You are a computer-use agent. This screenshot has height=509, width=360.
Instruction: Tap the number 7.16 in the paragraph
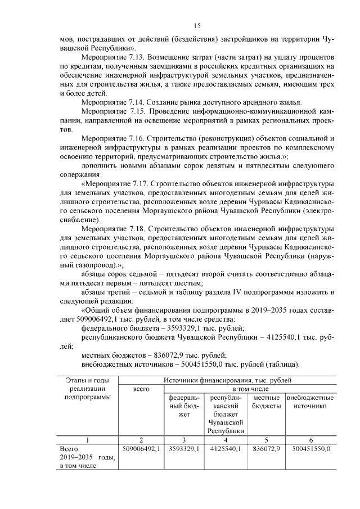point(137,138)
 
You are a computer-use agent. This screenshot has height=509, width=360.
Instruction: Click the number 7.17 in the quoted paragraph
point(139,183)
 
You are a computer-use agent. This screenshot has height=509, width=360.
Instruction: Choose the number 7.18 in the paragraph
point(137,229)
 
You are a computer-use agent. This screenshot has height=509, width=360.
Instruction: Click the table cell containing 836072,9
point(266,449)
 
